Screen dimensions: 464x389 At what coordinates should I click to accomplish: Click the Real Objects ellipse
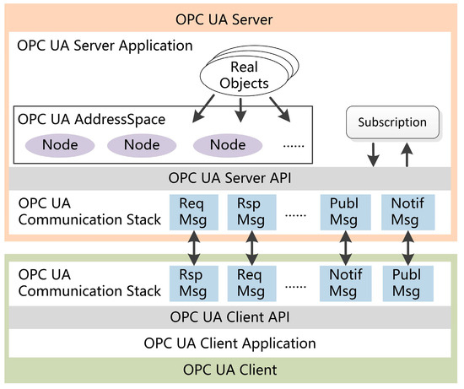coord(244,75)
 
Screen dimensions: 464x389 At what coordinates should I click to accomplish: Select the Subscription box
coord(392,122)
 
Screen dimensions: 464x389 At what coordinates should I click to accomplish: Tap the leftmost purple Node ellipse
coord(60,145)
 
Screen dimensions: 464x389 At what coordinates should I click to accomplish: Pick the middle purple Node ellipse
coord(142,145)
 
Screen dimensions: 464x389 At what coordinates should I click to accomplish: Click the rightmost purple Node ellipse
coord(228,145)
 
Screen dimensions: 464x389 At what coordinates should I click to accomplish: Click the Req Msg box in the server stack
coord(194,212)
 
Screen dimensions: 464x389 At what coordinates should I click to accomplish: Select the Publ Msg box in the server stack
coord(345,212)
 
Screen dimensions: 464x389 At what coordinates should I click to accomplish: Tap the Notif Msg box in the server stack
coord(407,212)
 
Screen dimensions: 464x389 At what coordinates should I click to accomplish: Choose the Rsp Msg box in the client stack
coord(194,284)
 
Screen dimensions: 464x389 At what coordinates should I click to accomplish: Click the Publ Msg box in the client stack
coord(407,284)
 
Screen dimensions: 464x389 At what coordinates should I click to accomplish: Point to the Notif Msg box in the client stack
coord(345,284)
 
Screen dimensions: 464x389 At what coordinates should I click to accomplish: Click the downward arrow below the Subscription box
coord(374,154)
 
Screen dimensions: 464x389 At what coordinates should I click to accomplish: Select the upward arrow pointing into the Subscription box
coord(407,154)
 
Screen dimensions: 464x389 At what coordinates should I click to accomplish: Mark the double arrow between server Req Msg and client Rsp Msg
coord(194,248)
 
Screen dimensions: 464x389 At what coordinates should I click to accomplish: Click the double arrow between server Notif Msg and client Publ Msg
coord(407,248)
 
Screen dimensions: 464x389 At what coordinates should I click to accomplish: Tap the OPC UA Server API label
coord(229,178)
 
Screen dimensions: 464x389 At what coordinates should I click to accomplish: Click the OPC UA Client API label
coord(229,317)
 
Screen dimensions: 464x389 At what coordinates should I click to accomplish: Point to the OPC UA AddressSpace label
coord(91,120)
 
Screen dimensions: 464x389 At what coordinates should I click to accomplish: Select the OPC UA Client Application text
coord(229,343)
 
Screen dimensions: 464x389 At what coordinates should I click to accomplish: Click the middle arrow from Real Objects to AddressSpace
coord(241,110)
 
